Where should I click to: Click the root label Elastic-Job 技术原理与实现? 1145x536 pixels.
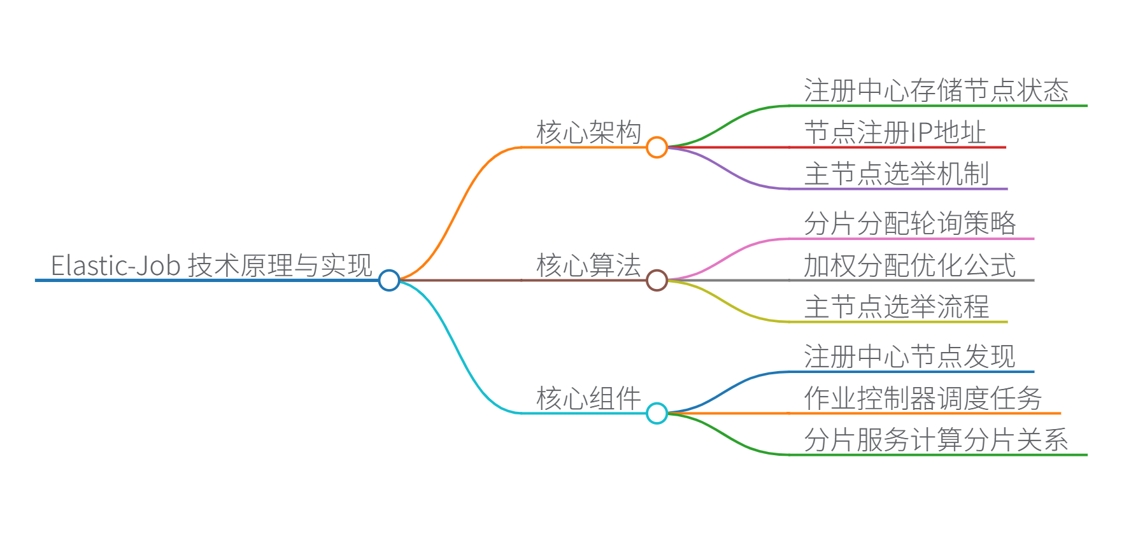pyautogui.click(x=211, y=265)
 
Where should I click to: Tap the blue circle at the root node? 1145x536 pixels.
pyautogui.click(x=389, y=280)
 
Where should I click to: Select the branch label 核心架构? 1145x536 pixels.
pyautogui.click(x=588, y=132)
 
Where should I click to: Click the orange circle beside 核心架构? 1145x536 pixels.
pyautogui.click(x=657, y=147)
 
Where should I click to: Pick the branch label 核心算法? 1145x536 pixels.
pyautogui.click(x=588, y=265)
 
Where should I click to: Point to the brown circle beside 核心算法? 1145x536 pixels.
pyautogui.click(x=657, y=280)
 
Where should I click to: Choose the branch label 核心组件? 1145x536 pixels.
pyautogui.click(x=588, y=398)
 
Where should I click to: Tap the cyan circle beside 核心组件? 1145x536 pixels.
pyautogui.click(x=657, y=413)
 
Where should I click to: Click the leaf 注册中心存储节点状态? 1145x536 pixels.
pyautogui.click(x=936, y=90)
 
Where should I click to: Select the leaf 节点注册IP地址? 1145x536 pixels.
pyautogui.click(x=895, y=132)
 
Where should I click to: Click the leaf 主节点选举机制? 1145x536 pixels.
pyautogui.click(x=897, y=174)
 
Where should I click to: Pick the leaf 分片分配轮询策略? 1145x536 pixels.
pyautogui.click(x=909, y=223)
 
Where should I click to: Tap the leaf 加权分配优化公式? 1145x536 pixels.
pyautogui.click(x=909, y=265)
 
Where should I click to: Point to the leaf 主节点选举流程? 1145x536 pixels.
pyautogui.click(x=897, y=307)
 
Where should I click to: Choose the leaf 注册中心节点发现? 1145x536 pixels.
pyautogui.click(x=909, y=356)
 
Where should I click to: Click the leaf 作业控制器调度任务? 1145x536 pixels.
pyautogui.click(x=923, y=398)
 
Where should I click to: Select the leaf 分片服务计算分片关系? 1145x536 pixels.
pyautogui.click(x=936, y=440)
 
